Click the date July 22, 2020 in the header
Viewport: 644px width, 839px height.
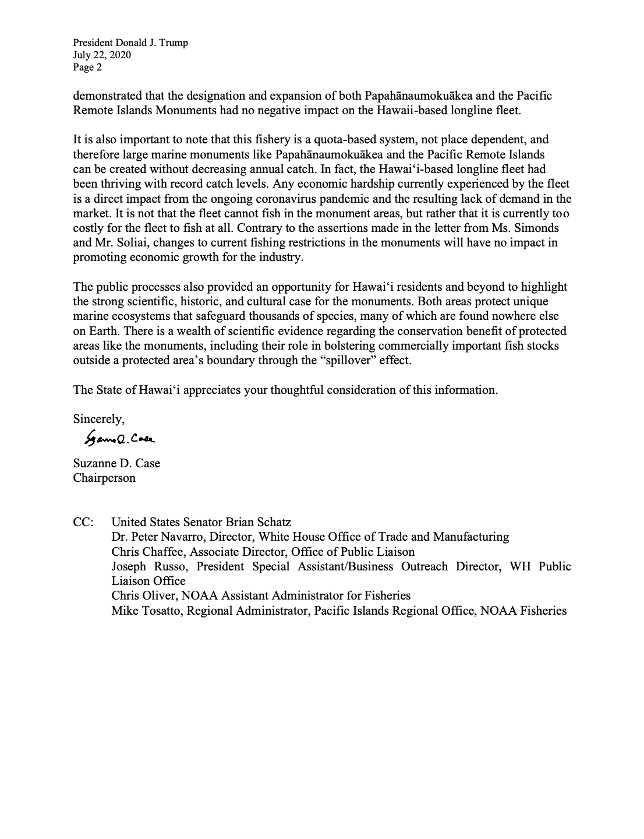(x=102, y=55)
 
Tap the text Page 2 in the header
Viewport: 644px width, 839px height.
(x=87, y=67)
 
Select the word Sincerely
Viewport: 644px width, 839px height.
(x=98, y=418)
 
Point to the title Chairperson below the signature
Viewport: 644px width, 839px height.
(x=104, y=478)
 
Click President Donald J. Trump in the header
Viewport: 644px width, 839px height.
(x=130, y=43)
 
